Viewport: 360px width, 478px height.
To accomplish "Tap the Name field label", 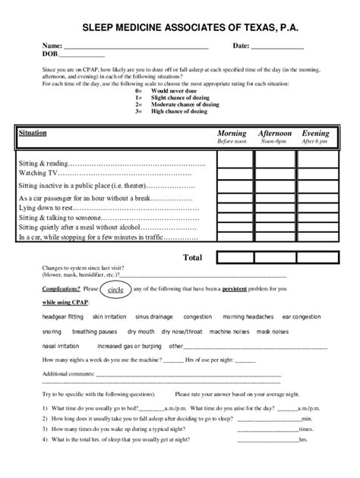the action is click(52, 47).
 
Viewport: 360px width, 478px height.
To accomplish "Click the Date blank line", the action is click(278, 48).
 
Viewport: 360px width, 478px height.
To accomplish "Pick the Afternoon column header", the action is click(274, 134).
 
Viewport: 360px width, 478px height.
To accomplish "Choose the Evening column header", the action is click(315, 134).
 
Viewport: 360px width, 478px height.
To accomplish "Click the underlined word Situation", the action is click(32, 133).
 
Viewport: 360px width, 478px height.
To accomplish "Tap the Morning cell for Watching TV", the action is click(236, 173).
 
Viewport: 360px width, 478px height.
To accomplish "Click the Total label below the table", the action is click(193, 257).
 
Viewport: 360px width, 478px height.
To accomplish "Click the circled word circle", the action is click(115, 290).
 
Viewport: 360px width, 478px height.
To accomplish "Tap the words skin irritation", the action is click(110, 316).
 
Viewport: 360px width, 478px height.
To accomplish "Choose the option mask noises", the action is click(271, 332).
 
